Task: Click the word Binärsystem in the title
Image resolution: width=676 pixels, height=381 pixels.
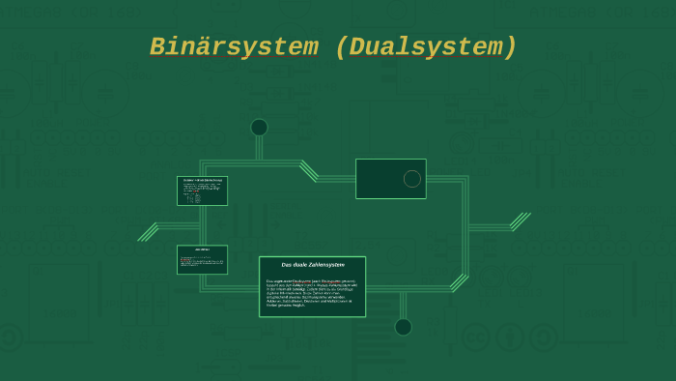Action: [234, 47]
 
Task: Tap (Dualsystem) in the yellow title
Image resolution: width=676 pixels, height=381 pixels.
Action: [426, 47]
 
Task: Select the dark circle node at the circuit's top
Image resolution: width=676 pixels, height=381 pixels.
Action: [259, 128]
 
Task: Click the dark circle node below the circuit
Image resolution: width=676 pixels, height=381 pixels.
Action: [403, 327]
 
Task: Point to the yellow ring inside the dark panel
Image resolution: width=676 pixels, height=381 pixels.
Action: [412, 179]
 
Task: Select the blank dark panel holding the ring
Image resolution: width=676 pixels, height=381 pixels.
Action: [382, 179]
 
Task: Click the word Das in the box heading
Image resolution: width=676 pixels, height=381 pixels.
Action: [287, 264]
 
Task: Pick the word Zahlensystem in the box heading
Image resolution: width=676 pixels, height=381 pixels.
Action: [327, 264]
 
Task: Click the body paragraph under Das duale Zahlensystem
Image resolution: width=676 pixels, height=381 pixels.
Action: [312, 293]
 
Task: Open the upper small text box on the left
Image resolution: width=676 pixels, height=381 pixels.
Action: [202, 190]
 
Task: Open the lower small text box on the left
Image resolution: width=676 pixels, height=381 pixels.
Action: [202, 259]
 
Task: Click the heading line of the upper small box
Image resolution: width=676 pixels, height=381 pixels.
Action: [202, 180]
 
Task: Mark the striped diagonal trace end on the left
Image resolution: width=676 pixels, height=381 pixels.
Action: [148, 232]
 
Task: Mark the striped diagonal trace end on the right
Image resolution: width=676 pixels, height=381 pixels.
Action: [521, 221]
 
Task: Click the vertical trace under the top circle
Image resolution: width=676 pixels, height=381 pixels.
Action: [259, 148]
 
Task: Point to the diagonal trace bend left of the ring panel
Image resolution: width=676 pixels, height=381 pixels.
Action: [309, 170]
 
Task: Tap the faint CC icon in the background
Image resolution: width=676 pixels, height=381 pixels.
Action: [475, 337]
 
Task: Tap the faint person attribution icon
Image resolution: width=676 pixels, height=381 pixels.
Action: [509, 337]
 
